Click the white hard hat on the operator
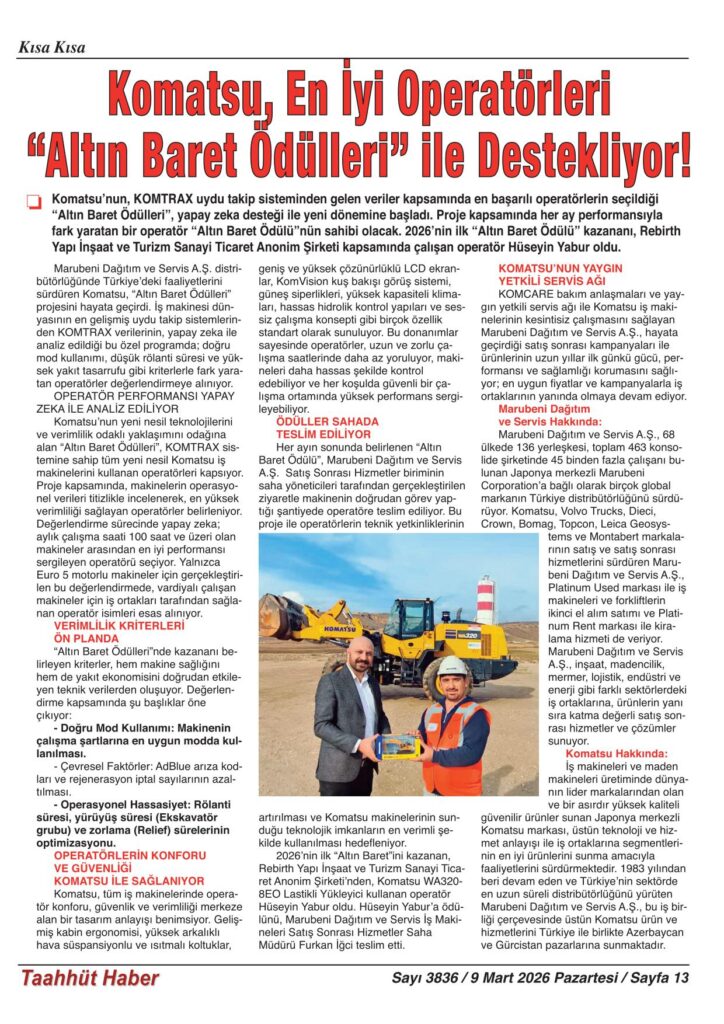(453, 666)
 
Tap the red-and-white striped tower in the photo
(486, 599)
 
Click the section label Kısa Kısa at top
(51, 47)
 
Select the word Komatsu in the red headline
(186, 97)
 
